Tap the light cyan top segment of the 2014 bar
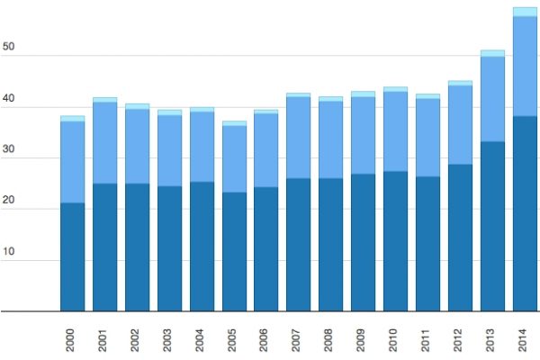click(x=525, y=12)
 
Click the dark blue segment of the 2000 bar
click(x=72, y=257)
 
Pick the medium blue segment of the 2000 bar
click(x=72, y=162)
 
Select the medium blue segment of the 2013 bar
click(x=492, y=99)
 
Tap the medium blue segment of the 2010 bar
click(x=396, y=131)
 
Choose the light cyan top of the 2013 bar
click(x=492, y=53)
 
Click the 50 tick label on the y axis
click(x=10, y=46)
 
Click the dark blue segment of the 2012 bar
click(x=460, y=238)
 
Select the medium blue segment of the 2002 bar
click(x=137, y=146)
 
